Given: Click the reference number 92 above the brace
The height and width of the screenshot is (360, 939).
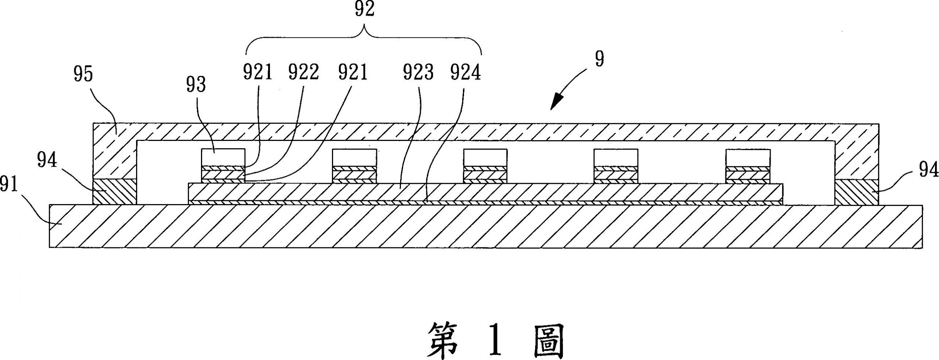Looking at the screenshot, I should point(364,10).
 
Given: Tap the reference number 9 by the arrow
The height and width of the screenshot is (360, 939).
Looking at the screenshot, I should point(599,59).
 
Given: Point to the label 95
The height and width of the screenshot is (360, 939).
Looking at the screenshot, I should point(83,74).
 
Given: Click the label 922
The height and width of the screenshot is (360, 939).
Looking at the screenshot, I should point(303,73).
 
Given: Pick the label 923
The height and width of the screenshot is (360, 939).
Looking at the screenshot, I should point(418,73).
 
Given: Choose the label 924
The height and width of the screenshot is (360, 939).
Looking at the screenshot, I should point(465,73).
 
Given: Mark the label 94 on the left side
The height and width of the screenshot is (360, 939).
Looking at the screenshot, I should point(47,161).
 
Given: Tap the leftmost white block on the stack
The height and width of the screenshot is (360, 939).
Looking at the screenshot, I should point(223,157).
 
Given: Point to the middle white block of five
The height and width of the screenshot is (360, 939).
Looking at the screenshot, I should point(485,157).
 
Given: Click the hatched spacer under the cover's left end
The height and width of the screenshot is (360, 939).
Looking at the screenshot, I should point(114,192).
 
